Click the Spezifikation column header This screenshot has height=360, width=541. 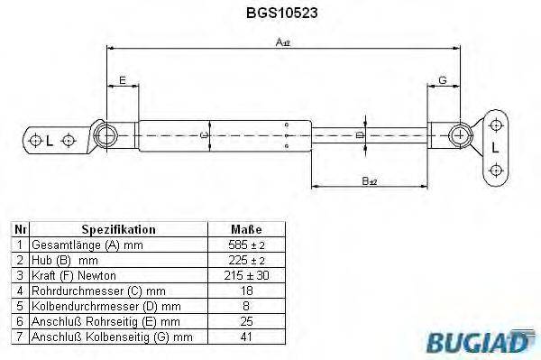[x=118, y=229]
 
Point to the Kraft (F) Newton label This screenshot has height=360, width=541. [x=73, y=274]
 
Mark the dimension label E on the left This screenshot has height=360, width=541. [x=123, y=81]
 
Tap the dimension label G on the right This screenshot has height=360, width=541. [x=443, y=81]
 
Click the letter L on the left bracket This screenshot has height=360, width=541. [x=50, y=141]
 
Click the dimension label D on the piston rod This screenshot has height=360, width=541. [x=360, y=135]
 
